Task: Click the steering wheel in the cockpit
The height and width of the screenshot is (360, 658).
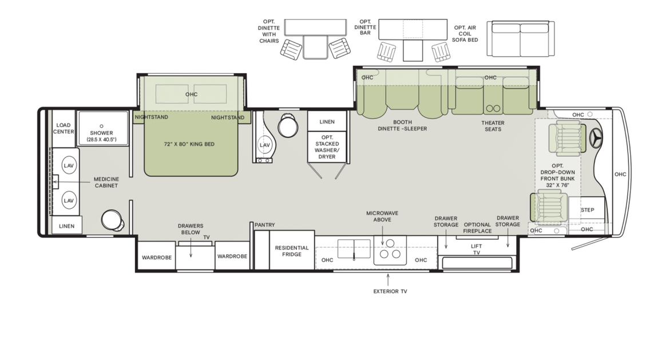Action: click(x=596, y=138)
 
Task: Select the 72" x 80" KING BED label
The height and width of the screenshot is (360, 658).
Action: click(x=189, y=144)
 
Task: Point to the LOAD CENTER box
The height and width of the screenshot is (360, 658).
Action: click(x=64, y=128)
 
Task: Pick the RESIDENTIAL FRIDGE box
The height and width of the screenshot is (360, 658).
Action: click(x=292, y=251)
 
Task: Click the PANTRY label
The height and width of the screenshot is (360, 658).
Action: click(x=264, y=225)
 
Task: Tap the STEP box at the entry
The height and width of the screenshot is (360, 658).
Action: click(x=587, y=210)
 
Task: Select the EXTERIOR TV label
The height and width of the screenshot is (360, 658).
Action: click(x=390, y=291)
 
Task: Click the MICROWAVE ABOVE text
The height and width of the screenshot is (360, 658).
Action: click(x=382, y=217)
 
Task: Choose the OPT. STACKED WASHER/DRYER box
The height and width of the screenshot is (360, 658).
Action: click(x=327, y=147)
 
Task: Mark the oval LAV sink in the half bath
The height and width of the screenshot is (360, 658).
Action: click(x=264, y=145)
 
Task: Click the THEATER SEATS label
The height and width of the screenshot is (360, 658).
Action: click(x=493, y=126)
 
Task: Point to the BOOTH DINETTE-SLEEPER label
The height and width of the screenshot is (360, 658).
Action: click(x=402, y=125)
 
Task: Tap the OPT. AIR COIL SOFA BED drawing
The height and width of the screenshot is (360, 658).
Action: click(x=520, y=39)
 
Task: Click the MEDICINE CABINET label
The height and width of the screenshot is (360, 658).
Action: click(x=106, y=183)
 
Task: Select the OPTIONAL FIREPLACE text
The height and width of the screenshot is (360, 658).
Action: click(x=477, y=228)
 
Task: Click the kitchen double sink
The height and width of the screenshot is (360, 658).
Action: click(x=354, y=250)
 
